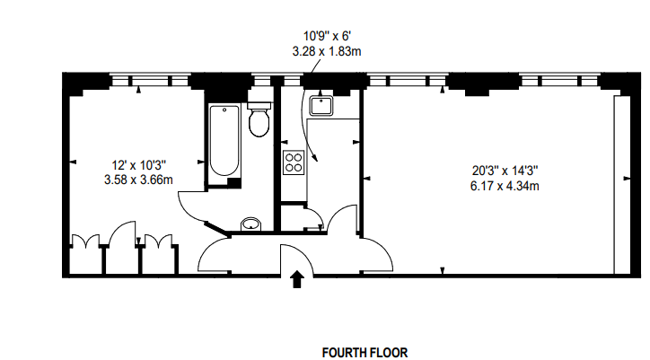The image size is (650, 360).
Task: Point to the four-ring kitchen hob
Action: click(294, 162)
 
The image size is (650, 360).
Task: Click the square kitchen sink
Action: click(321, 107)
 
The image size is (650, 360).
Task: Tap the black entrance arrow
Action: click(297, 282)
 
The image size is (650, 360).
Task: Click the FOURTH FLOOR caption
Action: click(365, 353)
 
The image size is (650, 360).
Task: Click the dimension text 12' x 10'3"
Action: click(137, 165)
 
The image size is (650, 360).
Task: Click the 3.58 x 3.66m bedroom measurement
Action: click(137, 180)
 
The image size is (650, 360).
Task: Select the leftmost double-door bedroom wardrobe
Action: click(85, 253)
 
